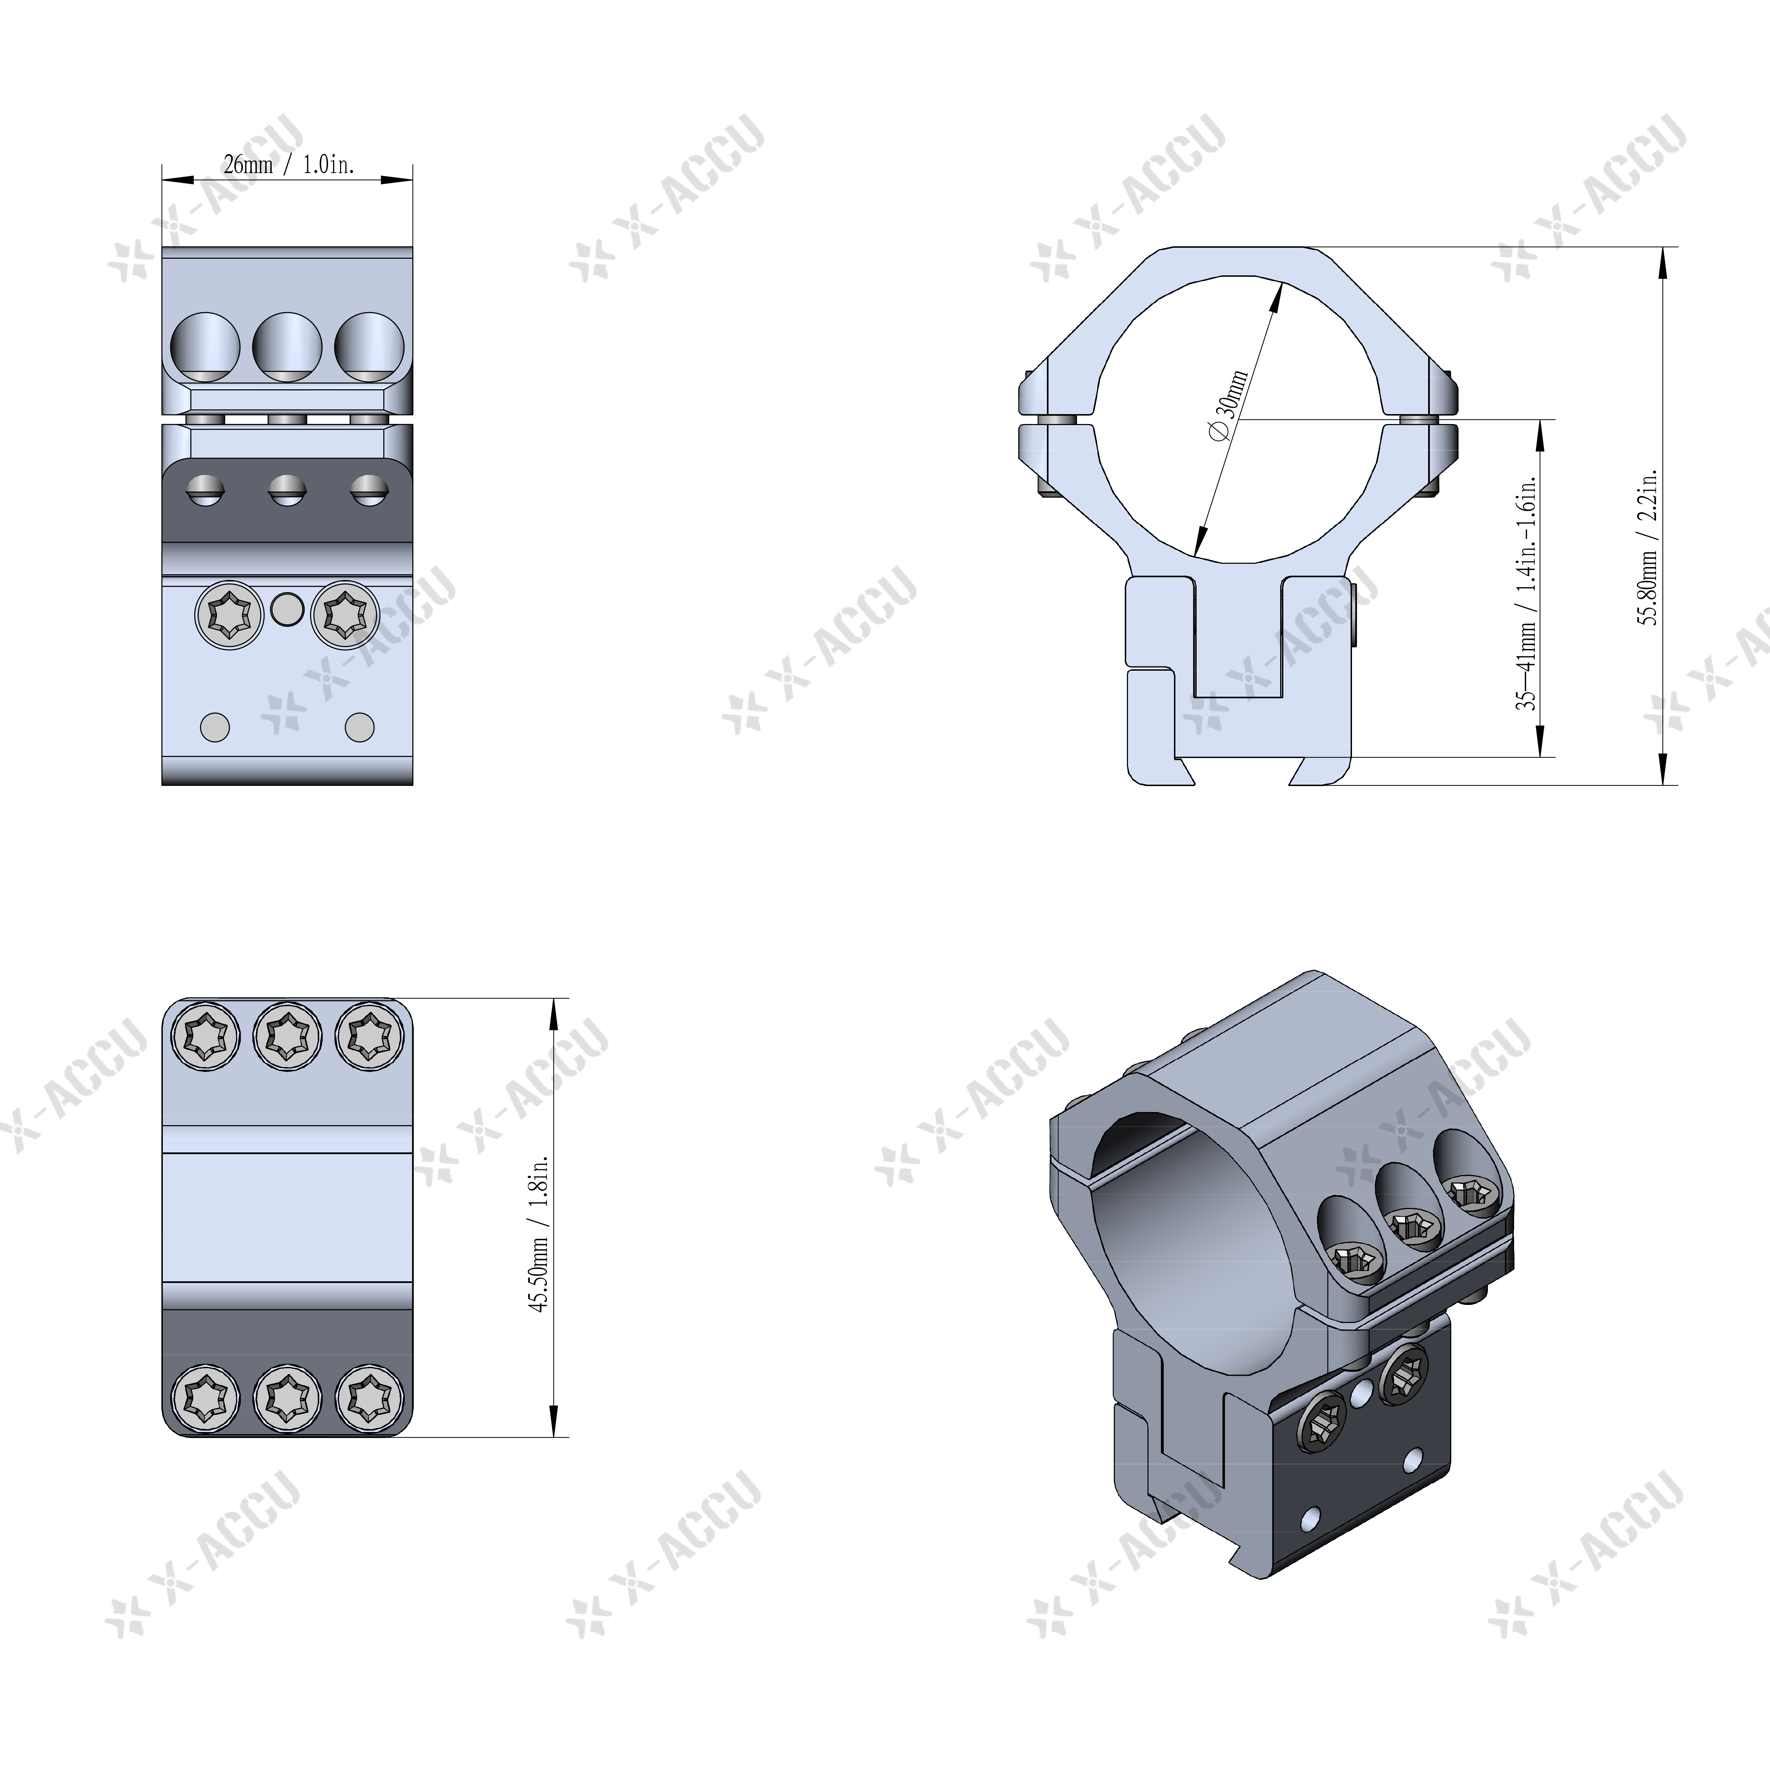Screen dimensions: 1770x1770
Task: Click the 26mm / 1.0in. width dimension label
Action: pyautogui.click(x=288, y=165)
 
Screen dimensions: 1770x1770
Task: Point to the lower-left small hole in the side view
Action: pyautogui.click(x=214, y=727)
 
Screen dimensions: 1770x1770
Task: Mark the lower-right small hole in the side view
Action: pyautogui.click(x=359, y=727)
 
